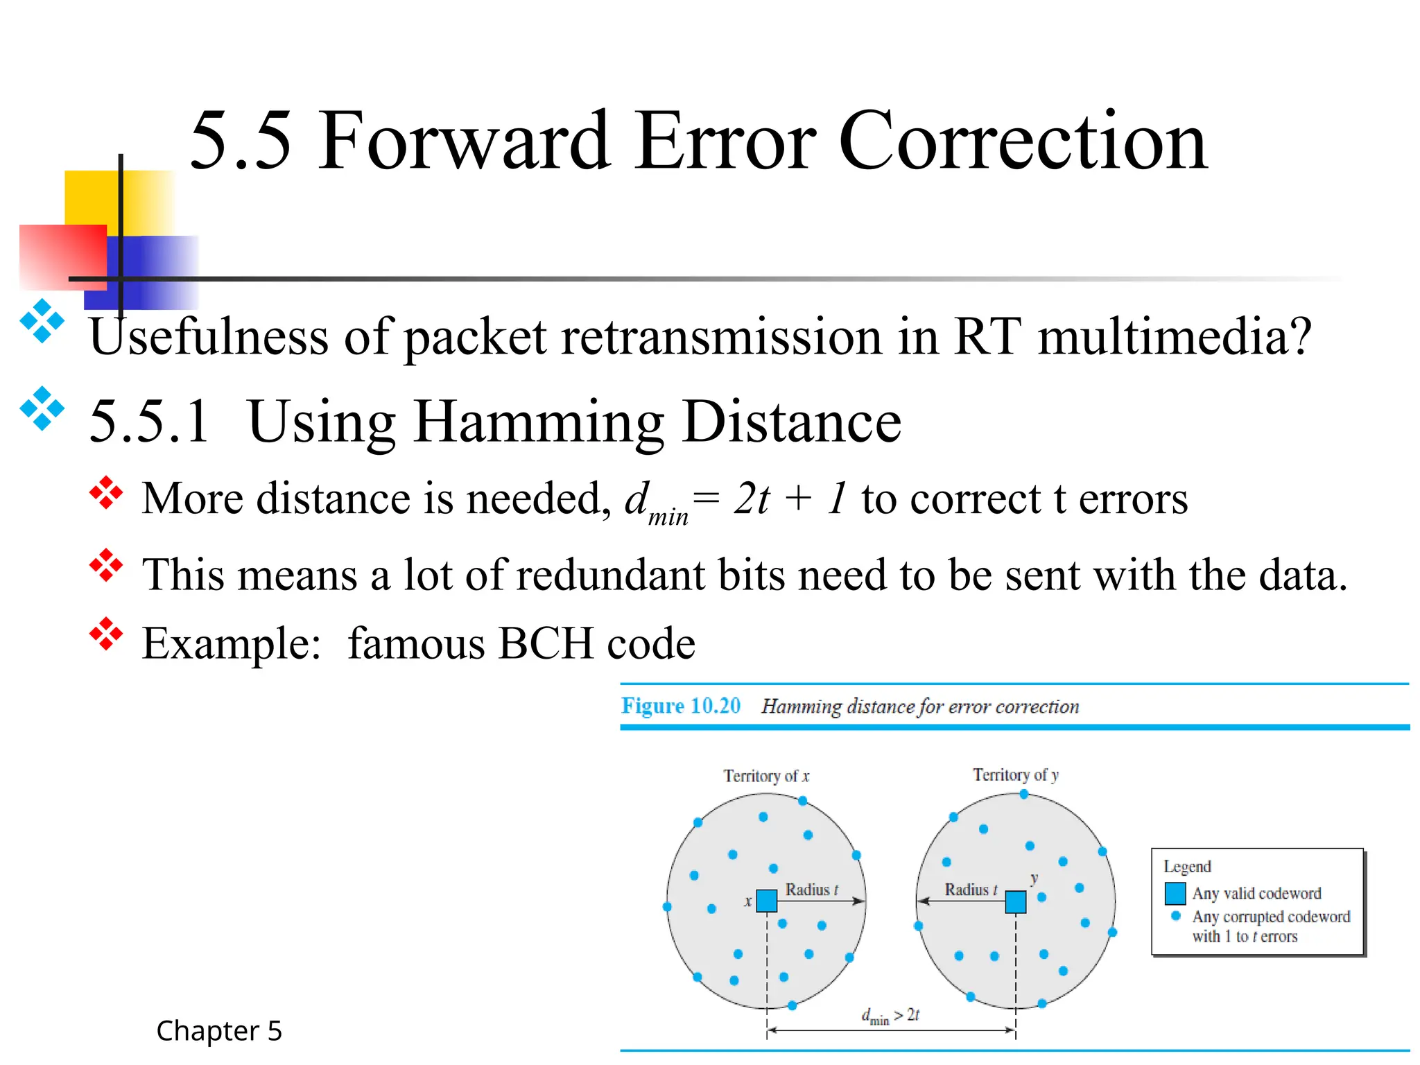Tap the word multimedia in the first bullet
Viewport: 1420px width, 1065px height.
[x=1175, y=337]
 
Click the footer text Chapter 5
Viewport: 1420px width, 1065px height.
[x=219, y=1031]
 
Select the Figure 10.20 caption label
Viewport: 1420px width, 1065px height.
[x=680, y=706]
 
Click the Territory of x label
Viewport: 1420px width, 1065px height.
[x=766, y=776]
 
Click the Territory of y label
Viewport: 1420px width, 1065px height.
[x=1016, y=774]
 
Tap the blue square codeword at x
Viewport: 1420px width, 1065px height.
[x=767, y=901]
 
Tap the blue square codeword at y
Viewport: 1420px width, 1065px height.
[x=1016, y=902]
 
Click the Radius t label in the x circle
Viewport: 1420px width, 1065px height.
[x=811, y=890]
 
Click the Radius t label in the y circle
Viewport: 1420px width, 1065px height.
[x=971, y=890]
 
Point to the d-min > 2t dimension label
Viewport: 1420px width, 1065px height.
[x=890, y=1016]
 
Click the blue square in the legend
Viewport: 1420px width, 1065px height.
[x=1175, y=893]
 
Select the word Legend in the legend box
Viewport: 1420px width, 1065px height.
[x=1187, y=867]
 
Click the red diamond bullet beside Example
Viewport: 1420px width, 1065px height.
[x=106, y=634]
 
